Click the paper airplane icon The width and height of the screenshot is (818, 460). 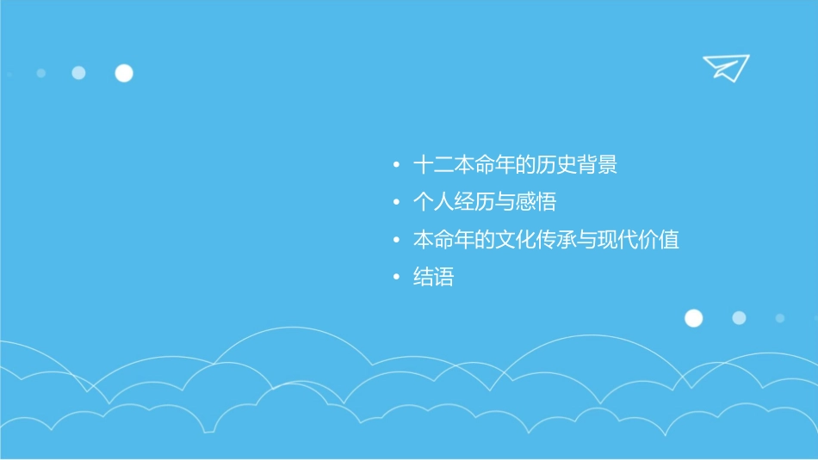[725, 67]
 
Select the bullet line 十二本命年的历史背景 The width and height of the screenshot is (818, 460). [515, 165]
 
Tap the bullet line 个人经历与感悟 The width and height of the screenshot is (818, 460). [484, 202]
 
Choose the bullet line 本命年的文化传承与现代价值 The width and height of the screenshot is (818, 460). [546, 240]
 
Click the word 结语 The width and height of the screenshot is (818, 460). [433, 278]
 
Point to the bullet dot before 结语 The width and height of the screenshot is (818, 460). [395, 278]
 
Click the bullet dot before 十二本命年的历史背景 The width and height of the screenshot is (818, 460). [395, 165]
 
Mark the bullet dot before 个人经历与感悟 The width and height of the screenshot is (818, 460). [395, 202]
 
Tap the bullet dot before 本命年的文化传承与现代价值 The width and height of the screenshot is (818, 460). [395, 240]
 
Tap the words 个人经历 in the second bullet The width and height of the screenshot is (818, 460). [453, 202]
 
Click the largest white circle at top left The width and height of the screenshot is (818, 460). [124, 73]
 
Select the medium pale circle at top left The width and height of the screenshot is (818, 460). [78, 73]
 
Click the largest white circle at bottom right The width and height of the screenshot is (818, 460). [693, 318]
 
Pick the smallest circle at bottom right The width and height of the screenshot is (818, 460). [780, 318]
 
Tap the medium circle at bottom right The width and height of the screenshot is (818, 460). [739, 318]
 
